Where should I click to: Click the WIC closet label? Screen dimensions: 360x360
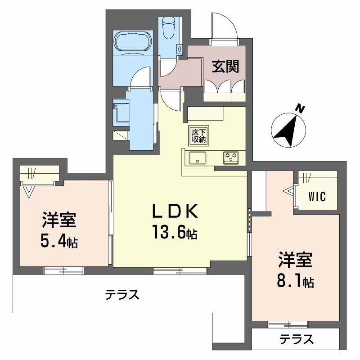(x=317, y=197)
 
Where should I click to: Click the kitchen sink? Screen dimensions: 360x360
(x=198, y=158)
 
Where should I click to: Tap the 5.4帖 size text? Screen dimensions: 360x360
(x=58, y=242)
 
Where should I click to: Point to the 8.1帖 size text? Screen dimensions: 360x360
(x=295, y=281)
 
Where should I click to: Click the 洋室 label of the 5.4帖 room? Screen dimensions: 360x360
(x=58, y=220)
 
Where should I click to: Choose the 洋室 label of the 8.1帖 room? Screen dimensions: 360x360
(x=295, y=260)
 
